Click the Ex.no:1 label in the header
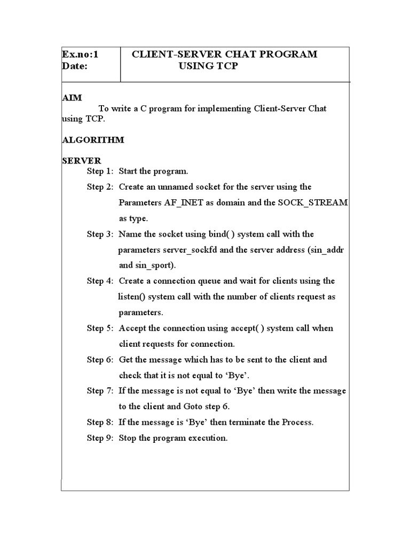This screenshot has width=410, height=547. coord(81,54)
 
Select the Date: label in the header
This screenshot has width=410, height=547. coord(75,66)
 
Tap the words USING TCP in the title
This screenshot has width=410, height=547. coord(209,66)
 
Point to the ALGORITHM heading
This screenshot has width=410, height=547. coord(93,139)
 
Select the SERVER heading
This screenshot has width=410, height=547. coord(82,161)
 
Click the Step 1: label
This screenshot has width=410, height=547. coord(100,171)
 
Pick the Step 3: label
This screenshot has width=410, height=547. coord(100,234)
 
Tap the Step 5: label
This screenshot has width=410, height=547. coord(100,328)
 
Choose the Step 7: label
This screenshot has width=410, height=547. coord(100,390)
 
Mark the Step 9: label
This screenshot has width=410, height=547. coord(100,438)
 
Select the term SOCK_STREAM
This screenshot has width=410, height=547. coord(313,203)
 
